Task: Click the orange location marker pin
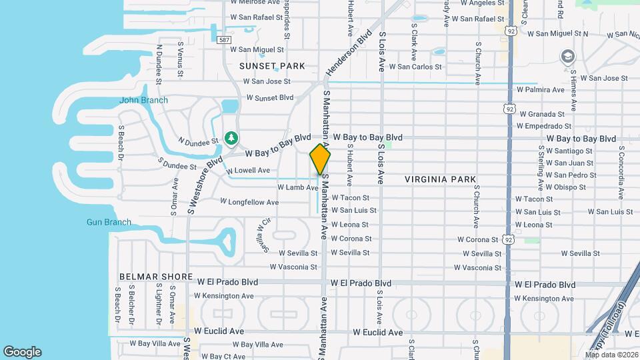320,159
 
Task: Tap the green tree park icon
231,138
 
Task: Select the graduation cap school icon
567,55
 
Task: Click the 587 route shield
225,40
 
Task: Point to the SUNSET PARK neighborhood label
273,66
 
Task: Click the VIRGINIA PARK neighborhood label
440,179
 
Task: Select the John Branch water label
143,101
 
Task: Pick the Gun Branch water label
109,222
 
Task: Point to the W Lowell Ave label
248,171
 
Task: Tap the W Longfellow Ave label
249,201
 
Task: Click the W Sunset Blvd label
270,97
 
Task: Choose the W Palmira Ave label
541,89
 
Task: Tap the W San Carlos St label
415,67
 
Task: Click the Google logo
22,352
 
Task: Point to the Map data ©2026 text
611,355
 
